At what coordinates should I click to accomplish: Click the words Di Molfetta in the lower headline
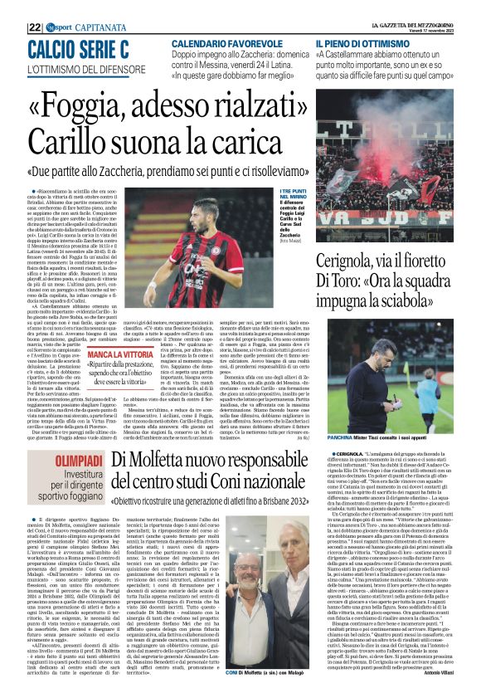point(149,457)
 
